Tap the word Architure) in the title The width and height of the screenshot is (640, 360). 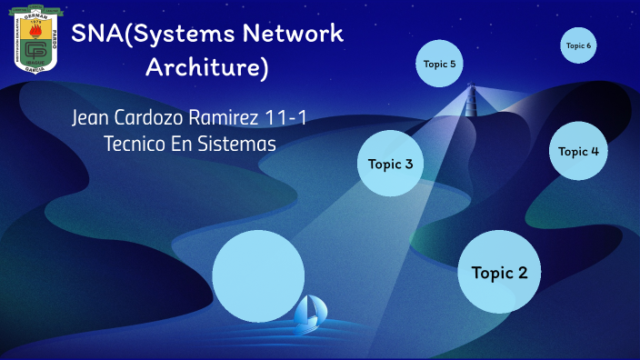pyautogui.click(x=207, y=68)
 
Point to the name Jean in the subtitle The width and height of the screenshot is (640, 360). pyautogui.click(x=93, y=118)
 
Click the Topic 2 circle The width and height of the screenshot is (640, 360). pyautogui.click(x=499, y=272)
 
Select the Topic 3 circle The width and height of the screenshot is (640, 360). pyautogui.click(x=390, y=164)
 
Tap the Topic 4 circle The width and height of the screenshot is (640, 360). pyautogui.click(x=578, y=151)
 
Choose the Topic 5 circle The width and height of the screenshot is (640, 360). pyautogui.click(x=440, y=64)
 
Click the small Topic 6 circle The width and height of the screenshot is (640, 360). pyautogui.click(x=578, y=45)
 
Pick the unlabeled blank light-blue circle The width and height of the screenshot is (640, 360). pyautogui.click(x=258, y=276)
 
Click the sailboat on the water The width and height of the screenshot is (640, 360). pyautogui.click(x=311, y=311)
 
